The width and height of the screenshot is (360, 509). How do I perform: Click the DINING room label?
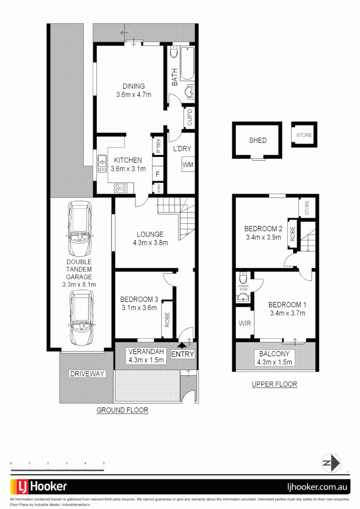[133, 86]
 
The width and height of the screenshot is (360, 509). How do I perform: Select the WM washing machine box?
[188, 164]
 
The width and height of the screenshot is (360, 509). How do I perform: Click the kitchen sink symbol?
[102, 164]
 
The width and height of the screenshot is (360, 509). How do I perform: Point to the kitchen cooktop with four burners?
[121, 188]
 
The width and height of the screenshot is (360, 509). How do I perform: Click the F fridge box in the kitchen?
[157, 174]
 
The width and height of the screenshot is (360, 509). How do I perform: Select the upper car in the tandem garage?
[79, 228]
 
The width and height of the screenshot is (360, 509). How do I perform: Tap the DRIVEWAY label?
[87, 374]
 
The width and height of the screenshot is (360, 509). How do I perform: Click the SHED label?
[258, 140]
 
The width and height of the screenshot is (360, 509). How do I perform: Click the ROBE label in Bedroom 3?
[167, 320]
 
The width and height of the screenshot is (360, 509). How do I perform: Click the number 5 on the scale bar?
[103, 464]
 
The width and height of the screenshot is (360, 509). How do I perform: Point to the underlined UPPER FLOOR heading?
[274, 384]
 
